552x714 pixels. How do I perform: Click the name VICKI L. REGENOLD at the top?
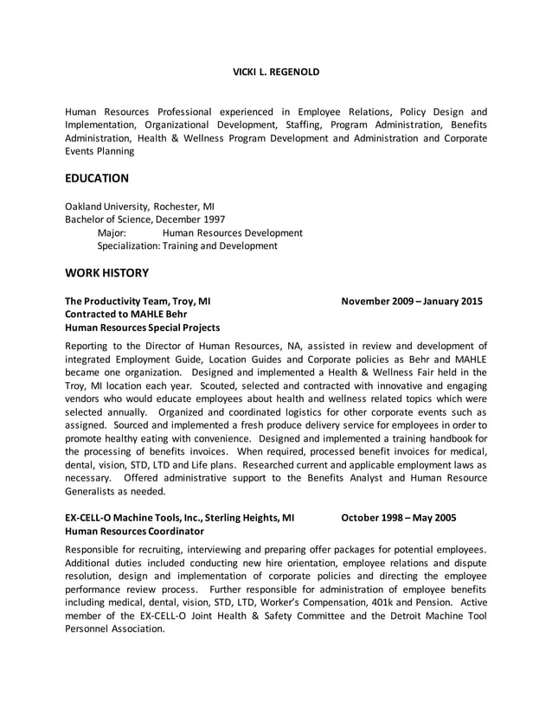point(276,72)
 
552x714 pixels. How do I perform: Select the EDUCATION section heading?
point(97,178)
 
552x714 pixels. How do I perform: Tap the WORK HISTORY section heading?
point(106,273)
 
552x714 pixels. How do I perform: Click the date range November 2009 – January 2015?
point(412,302)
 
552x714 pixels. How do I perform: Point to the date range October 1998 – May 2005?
point(399,518)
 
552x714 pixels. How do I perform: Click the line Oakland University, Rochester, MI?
point(140,207)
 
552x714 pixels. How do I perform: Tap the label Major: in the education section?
point(112,233)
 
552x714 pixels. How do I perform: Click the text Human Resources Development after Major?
point(232,233)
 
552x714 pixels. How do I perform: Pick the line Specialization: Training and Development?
point(187,245)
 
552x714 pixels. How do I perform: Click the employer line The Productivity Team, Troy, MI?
point(138,302)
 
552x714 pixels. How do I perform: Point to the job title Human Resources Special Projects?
point(143,328)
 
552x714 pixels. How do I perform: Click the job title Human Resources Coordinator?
point(135,531)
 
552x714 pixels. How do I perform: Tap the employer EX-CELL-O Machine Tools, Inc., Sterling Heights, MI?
point(180,518)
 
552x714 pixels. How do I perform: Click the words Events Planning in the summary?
point(100,151)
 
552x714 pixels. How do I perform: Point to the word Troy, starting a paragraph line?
point(78,386)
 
